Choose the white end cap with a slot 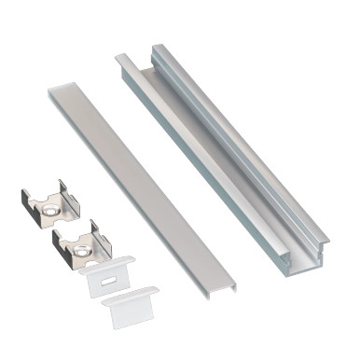click(105, 278)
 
